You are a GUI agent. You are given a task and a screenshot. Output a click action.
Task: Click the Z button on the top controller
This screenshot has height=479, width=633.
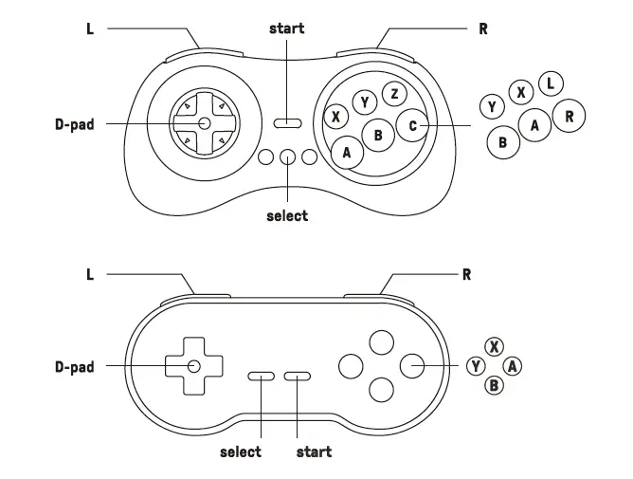coord(394,94)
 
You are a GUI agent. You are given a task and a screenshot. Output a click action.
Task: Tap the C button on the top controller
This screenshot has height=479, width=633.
coord(412,124)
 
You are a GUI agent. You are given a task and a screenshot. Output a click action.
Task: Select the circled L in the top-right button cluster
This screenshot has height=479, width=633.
coord(551,84)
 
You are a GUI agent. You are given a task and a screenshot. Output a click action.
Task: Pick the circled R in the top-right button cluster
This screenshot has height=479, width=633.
coord(569,117)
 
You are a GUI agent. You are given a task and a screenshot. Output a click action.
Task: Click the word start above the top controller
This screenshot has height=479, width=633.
coord(287,28)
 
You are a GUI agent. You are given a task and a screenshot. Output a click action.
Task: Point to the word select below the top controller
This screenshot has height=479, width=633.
coord(287,215)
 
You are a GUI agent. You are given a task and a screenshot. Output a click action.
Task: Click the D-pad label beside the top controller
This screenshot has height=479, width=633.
coord(74,123)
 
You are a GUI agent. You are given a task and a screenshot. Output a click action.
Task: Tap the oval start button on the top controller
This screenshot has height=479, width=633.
coord(287,123)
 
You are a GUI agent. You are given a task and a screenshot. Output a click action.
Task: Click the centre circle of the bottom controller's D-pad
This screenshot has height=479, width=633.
coord(193,366)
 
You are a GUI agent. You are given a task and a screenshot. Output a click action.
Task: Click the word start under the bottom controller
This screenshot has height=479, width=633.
coord(314,451)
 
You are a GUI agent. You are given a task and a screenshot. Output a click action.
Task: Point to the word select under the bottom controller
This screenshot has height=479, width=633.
coord(241,451)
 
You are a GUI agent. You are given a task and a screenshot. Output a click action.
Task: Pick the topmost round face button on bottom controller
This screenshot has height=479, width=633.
coord(381,341)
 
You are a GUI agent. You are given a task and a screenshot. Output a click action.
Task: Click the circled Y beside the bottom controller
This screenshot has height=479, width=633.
coord(476,366)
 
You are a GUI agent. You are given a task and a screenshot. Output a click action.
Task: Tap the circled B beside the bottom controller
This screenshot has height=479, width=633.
coord(494,384)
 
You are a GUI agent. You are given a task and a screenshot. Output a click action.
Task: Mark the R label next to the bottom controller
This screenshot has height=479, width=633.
coord(466,275)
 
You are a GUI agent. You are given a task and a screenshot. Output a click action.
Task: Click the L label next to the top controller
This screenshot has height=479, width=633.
coord(90,28)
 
